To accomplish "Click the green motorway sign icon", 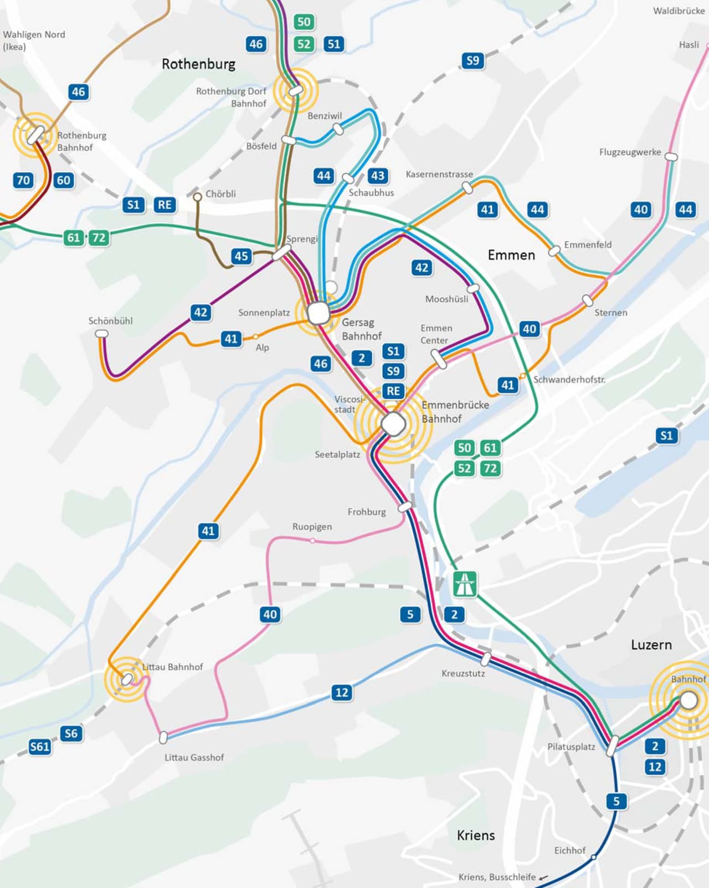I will point(465,584).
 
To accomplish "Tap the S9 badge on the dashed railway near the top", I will point(472,60).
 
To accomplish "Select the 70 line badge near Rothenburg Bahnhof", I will point(23,180).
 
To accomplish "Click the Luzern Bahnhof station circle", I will point(689,700).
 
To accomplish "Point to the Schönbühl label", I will point(110,321).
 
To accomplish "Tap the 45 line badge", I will point(241,256).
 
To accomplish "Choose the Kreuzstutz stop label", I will point(463,673).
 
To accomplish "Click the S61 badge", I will point(40,747).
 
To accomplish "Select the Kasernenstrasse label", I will point(439,174).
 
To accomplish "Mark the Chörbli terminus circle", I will point(197,196).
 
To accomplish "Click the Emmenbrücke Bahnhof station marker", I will point(393,424).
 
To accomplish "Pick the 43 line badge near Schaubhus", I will point(378,176).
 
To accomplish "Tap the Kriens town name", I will point(476,835).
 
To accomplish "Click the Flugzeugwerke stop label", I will point(630,152).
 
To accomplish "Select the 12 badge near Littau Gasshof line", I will point(342,692).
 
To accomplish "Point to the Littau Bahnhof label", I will point(172,667).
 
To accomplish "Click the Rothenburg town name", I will point(198,64).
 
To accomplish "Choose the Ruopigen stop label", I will point(312,527).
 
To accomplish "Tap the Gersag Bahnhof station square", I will point(318,313).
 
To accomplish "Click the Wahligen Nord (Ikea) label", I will point(34,40).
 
